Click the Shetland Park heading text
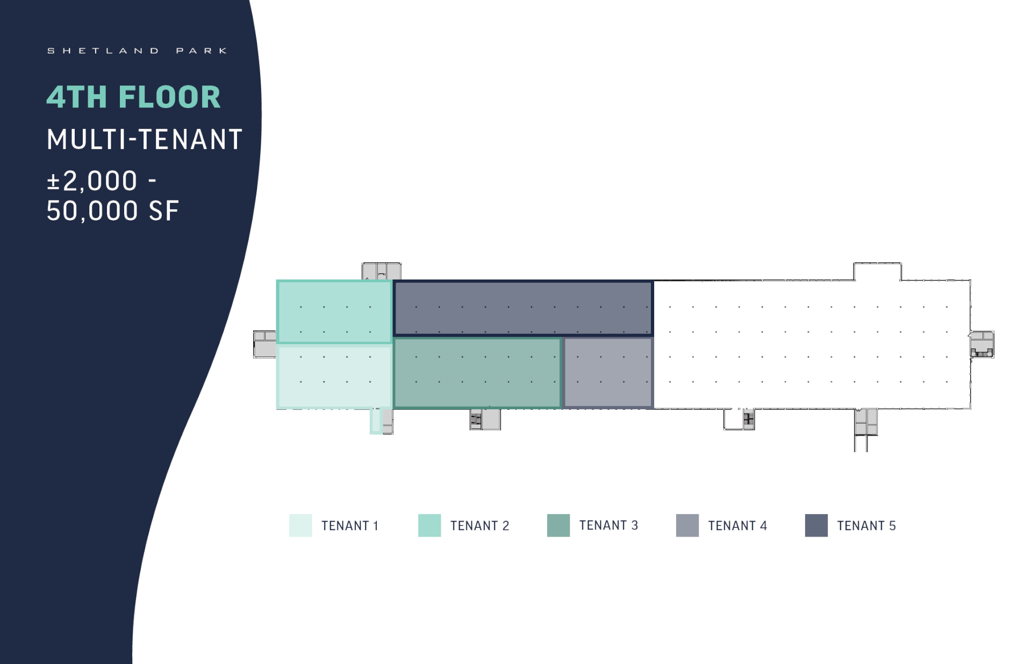coord(137,51)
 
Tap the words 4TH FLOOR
coord(133,97)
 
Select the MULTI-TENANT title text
coord(145,139)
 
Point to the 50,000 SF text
coord(112,211)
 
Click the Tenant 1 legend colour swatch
coord(300,525)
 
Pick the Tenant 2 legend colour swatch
coord(429,525)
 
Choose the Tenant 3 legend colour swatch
coord(558,525)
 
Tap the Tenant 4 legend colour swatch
coord(687,525)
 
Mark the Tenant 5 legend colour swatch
coord(816,525)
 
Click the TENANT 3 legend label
coord(608,525)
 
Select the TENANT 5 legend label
coord(866,526)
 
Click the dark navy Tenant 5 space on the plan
coord(523,308)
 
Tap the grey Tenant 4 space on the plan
coord(608,373)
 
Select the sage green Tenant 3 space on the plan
coord(477,373)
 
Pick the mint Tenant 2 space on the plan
coord(334,312)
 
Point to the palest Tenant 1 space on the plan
coord(334,377)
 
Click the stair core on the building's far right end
coord(982,344)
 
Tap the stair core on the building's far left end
coord(265,344)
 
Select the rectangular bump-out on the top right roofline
coord(878,272)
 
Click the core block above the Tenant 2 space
coord(382,271)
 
